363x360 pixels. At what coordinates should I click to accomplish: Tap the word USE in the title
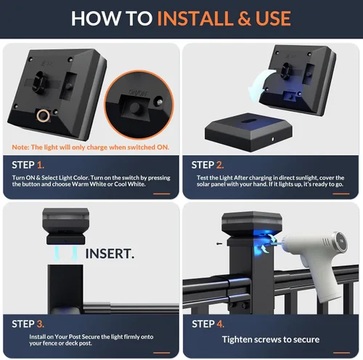(x=273, y=18)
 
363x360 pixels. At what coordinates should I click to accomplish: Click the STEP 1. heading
(x=28, y=165)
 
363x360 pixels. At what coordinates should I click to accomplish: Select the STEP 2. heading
(x=208, y=165)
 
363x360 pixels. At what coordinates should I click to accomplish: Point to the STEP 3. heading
(x=28, y=324)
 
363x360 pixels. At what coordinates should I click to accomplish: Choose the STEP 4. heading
(x=208, y=324)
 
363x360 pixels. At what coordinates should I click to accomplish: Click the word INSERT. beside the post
(x=110, y=254)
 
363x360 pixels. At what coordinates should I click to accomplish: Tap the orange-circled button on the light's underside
(x=44, y=115)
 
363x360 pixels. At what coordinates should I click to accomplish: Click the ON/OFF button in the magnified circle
(x=134, y=107)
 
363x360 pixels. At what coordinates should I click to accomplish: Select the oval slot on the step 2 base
(x=248, y=120)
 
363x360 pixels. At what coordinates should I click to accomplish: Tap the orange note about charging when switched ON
(x=91, y=147)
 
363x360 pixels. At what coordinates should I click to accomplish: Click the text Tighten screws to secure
(x=271, y=340)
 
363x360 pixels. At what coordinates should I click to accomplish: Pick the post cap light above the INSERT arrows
(x=65, y=226)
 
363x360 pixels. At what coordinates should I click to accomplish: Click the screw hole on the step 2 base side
(x=273, y=139)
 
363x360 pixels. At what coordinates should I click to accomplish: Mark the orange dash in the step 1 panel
(x=162, y=194)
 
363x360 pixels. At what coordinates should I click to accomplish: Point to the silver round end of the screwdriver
(x=340, y=242)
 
